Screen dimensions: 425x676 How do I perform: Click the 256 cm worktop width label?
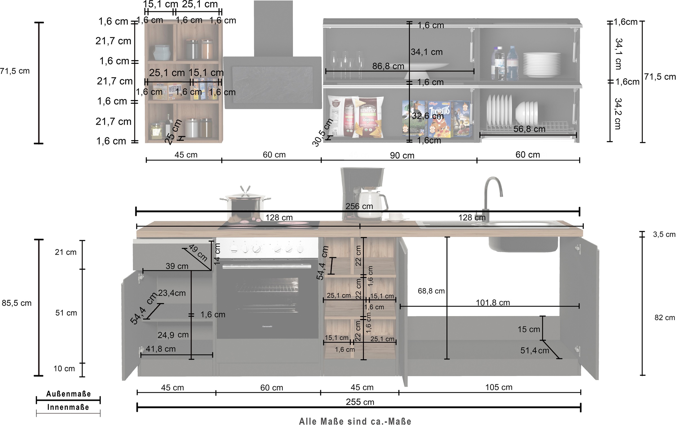[359, 206]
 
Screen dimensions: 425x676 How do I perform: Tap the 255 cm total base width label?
[360, 402]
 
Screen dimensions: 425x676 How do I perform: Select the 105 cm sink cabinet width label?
[499, 387]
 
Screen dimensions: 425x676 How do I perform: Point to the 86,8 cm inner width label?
[388, 66]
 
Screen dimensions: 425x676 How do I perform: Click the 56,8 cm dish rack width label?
[529, 129]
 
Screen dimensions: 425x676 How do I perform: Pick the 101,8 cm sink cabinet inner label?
[493, 303]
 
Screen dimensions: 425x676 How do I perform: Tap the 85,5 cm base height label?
[17, 303]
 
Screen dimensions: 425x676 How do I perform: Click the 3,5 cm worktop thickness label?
[664, 234]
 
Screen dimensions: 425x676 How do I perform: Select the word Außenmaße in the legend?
[68, 394]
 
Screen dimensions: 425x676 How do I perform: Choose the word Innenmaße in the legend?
[68, 407]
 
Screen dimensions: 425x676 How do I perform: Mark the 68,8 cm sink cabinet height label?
[431, 291]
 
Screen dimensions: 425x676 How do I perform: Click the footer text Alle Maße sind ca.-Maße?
[355, 421]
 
